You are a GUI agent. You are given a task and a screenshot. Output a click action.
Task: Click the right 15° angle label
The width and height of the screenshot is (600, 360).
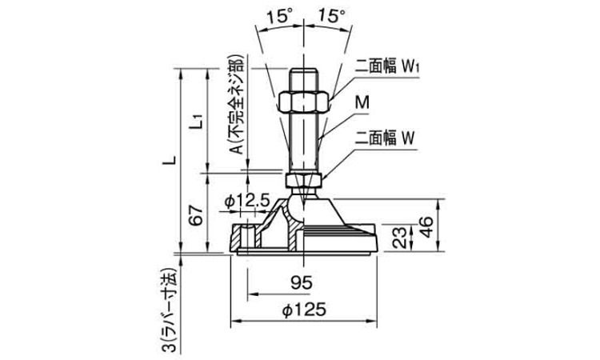(x=332, y=15)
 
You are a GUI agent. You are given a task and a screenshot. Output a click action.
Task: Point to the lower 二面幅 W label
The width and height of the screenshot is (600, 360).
(x=386, y=137)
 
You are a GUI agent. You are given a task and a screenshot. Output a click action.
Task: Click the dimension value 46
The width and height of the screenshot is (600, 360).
(x=427, y=226)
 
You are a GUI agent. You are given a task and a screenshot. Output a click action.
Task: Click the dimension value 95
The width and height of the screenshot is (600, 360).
(x=302, y=282)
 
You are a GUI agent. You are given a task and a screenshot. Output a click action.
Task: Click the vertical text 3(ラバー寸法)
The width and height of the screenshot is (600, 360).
(x=169, y=308)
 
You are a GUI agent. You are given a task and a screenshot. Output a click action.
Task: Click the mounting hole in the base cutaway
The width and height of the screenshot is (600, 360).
(x=249, y=238)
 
